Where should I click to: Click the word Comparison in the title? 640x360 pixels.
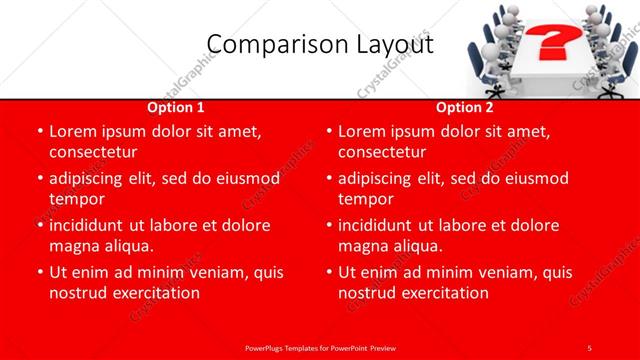[261, 45]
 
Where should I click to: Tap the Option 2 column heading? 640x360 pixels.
[465, 107]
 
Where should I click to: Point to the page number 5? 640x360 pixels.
[589, 347]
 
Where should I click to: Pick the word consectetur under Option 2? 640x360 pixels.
[382, 152]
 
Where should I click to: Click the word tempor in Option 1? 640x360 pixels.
[76, 199]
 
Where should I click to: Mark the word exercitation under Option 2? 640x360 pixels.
[445, 293]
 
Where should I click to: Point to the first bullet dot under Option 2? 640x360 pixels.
[328, 131]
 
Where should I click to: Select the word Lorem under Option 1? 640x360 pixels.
[71, 131]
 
